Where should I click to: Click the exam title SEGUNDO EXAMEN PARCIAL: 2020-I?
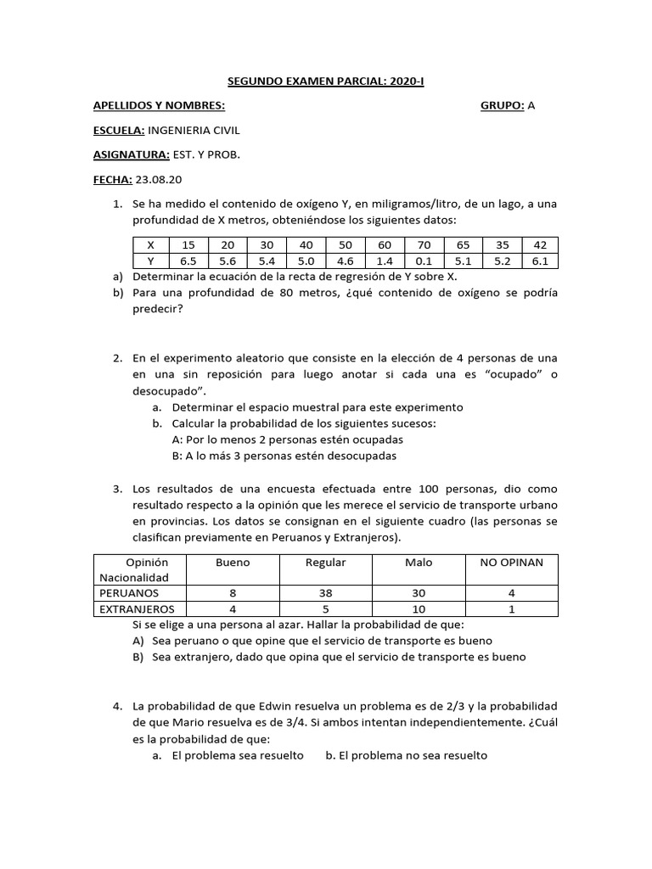[326, 81]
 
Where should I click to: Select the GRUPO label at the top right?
[502, 106]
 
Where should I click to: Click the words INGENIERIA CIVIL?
[194, 131]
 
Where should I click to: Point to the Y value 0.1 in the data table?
[424, 261]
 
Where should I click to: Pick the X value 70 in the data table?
[424, 245]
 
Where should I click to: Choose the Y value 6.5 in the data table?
[188, 261]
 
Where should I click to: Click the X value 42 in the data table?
[540, 245]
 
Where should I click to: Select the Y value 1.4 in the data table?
[385, 261]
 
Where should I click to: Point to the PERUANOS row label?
[129, 593]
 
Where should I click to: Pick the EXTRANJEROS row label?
[137, 609]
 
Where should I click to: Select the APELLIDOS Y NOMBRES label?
[159, 106]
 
